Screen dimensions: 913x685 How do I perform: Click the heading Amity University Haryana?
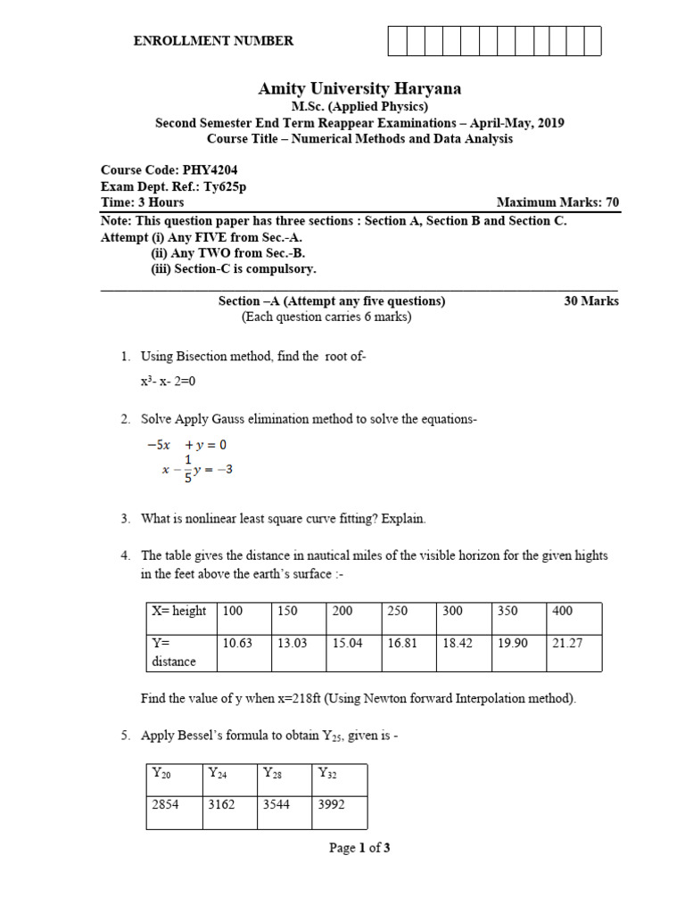[x=359, y=88]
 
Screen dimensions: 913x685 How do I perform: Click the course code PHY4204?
[x=210, y=170]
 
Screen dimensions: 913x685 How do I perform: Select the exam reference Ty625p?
[x=225, y=186]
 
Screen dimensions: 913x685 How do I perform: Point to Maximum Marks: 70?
[x=557, y=202]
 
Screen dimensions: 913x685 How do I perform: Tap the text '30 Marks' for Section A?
[x=591, y=301]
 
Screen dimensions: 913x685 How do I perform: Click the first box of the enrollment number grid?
[x=397, y=41]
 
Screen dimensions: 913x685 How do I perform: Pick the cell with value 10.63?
[x=237, y=643]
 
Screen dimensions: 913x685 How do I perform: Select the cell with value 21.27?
[x=567, y=643]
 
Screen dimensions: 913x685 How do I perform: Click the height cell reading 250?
[x=399, y=612]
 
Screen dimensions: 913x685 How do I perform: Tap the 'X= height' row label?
[x=177, y=612]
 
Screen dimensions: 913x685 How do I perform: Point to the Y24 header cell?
[x=219, y=773]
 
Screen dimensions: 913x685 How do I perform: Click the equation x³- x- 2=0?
[x=168, y=381]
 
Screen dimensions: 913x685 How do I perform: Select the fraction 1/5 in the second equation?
[x=187, y=469]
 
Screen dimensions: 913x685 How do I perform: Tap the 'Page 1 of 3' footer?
[x=359, y=848]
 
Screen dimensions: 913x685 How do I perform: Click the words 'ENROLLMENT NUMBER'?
[x=213, y=41]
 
